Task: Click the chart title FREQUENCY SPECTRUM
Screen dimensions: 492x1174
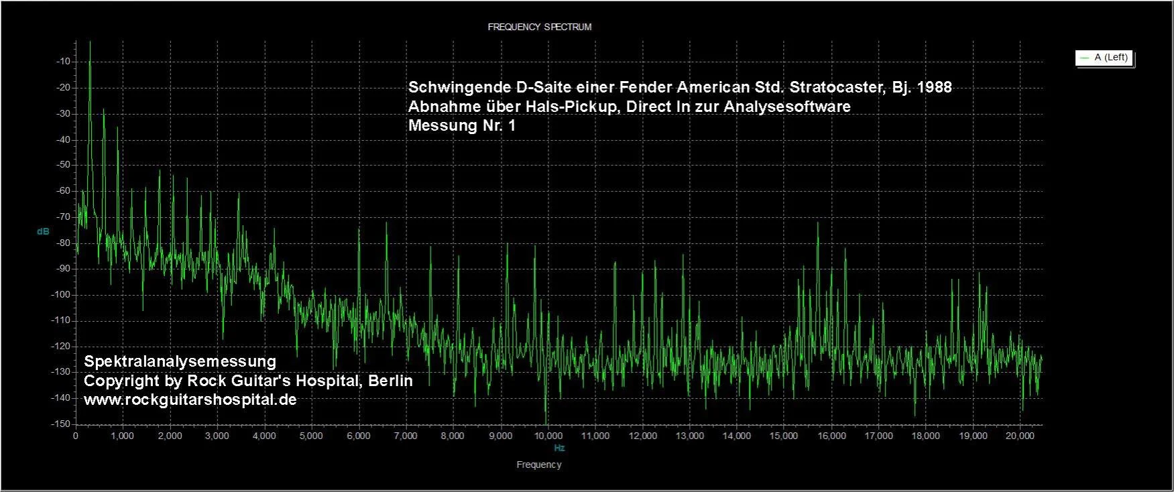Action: click(x=539, y=27)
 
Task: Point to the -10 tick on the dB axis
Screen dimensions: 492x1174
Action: click(x=64, y=62)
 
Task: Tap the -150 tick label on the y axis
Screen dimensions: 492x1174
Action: click(x=61, y=424)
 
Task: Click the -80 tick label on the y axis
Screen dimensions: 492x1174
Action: click(x=64, y=243)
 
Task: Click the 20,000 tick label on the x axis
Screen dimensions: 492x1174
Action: click(x=1020, y=436)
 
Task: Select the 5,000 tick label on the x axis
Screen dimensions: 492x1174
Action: click(x=311, y=436)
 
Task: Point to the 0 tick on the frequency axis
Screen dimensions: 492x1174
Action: click(x=76, y=436)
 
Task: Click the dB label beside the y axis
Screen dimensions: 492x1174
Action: click(x=43, y=232)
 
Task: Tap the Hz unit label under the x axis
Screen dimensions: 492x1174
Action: click(x=559, y=448)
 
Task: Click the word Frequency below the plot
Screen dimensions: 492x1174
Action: click(x=539, y=465)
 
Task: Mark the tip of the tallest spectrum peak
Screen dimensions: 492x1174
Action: click(x=90, y=42)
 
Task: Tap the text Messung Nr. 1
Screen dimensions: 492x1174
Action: click(x=462, y=125)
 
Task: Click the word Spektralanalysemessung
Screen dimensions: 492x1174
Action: click(x=180, y=361)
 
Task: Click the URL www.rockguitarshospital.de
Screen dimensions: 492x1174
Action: click(x=190, y=399)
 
